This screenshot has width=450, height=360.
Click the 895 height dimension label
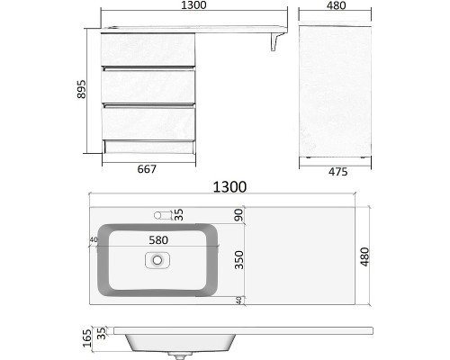[80, 93]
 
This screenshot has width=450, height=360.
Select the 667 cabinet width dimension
[147, 168]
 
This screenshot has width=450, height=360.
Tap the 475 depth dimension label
[337, 168]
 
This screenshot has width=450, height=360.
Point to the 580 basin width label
[157, 240]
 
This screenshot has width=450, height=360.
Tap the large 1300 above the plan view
[229, 187]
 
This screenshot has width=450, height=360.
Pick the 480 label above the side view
[336, 8]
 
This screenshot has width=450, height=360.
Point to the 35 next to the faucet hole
[178, 214]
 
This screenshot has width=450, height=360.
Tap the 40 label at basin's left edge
[94, 240]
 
